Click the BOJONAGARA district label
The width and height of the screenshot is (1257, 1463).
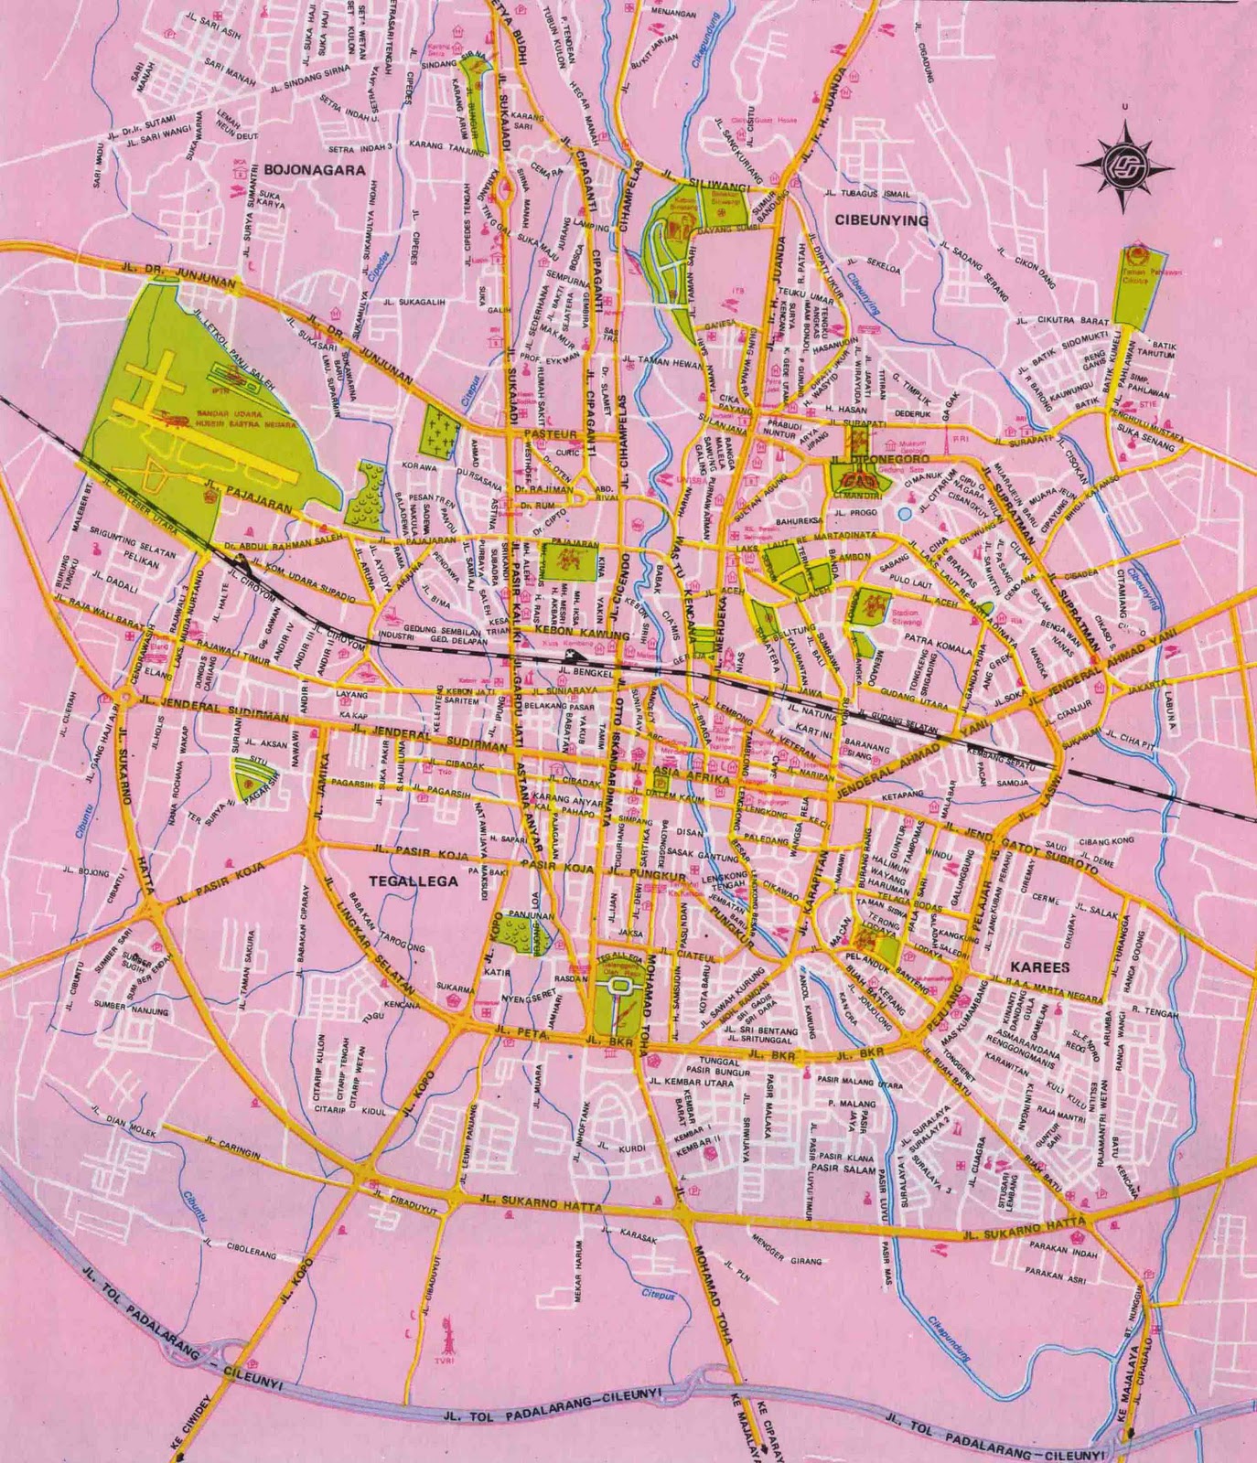(x=315, y=169)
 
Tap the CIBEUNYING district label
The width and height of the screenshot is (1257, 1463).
(x=881, y=220)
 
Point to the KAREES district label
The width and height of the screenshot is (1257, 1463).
(x=1040, y=966)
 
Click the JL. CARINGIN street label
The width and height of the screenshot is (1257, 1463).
(x=232, y=1148)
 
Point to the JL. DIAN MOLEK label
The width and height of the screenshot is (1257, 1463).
(x=124, y=1120)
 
